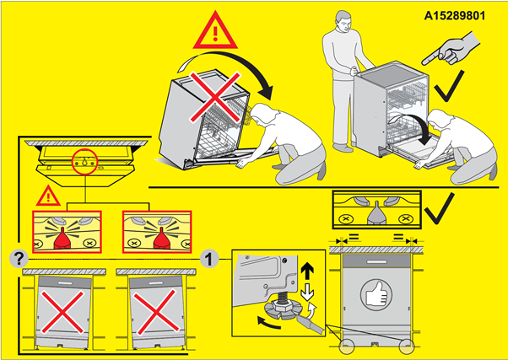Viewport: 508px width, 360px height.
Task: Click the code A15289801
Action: pos(459,14)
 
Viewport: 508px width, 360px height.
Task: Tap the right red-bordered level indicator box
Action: pos(157,230)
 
